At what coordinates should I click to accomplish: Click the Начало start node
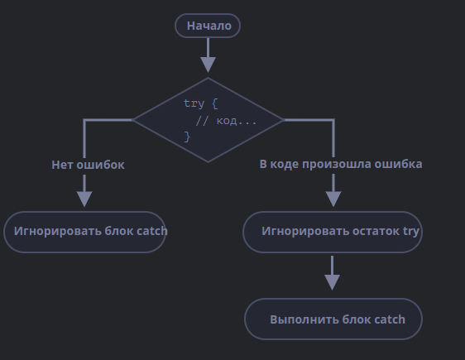pos(208,26)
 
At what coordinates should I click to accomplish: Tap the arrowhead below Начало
pos(208,65)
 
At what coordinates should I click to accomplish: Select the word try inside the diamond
pos(194,103)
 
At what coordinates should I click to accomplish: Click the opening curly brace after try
pos(215,103)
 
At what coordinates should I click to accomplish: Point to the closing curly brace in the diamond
pos(187,137)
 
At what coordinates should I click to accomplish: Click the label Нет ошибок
pos(88,165)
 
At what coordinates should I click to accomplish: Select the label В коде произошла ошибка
pos(341,164)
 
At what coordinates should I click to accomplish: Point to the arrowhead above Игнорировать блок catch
pos(84,199)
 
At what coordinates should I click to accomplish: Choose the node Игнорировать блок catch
pos(85,232)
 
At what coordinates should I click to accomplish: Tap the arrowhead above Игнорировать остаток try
pos(333,199)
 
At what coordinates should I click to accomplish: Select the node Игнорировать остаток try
pos(333,232)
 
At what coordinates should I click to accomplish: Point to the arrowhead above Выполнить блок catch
pos(332,282)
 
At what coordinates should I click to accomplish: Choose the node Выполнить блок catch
pos(333,319)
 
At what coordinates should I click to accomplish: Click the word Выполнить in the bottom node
pos(304,319)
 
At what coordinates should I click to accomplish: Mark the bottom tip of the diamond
pos(208,162)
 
